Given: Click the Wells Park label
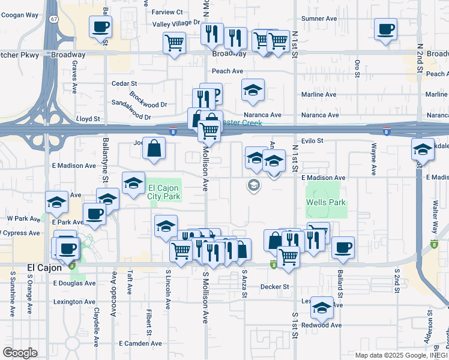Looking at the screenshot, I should (x=326, y=203).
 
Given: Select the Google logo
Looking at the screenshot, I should (x=20, y=353).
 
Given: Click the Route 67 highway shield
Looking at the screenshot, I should (x=55, y=19).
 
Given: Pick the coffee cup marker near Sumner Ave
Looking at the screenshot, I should (x=385, y=28).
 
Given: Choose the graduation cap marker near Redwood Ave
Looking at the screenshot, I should (x=322, y=307).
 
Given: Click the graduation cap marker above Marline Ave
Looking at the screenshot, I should (x=253, y=90).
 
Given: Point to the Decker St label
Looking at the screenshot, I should (x=275, y=287).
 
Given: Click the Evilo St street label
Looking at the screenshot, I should (x=312, y=141).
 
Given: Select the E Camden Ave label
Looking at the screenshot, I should (x=140, y=344).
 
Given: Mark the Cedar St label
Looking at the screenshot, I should (x=125, y=83).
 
